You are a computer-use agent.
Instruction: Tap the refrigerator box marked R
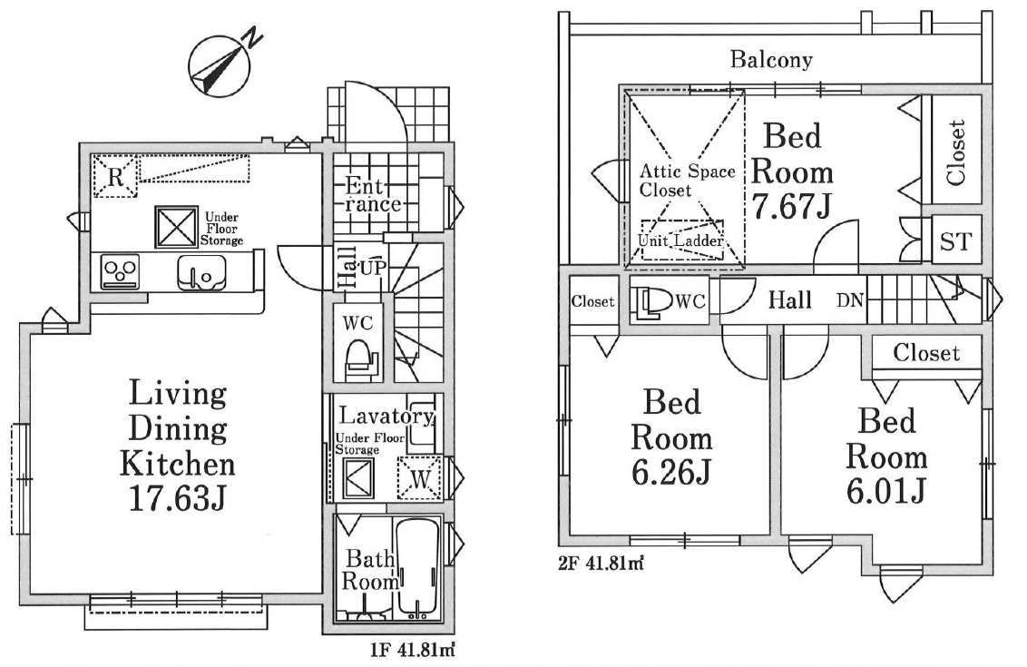coord(115,175)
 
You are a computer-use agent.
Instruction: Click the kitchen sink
coord(201,272)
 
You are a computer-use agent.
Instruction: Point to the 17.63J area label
coord(178,498)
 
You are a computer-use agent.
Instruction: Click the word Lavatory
coord(386,416)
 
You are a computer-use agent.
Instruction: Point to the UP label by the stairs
coord(372,267)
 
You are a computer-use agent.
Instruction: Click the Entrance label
coord(373,194)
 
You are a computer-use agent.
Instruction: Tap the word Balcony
coord(771,60)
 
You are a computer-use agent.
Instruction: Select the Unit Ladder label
coord(680,240)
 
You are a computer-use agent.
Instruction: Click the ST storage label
coord(955,241)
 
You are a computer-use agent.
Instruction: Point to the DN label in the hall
coord(849,300)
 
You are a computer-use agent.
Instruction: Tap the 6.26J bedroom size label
coord(671,472)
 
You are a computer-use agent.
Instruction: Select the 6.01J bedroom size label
coord(886,491)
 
